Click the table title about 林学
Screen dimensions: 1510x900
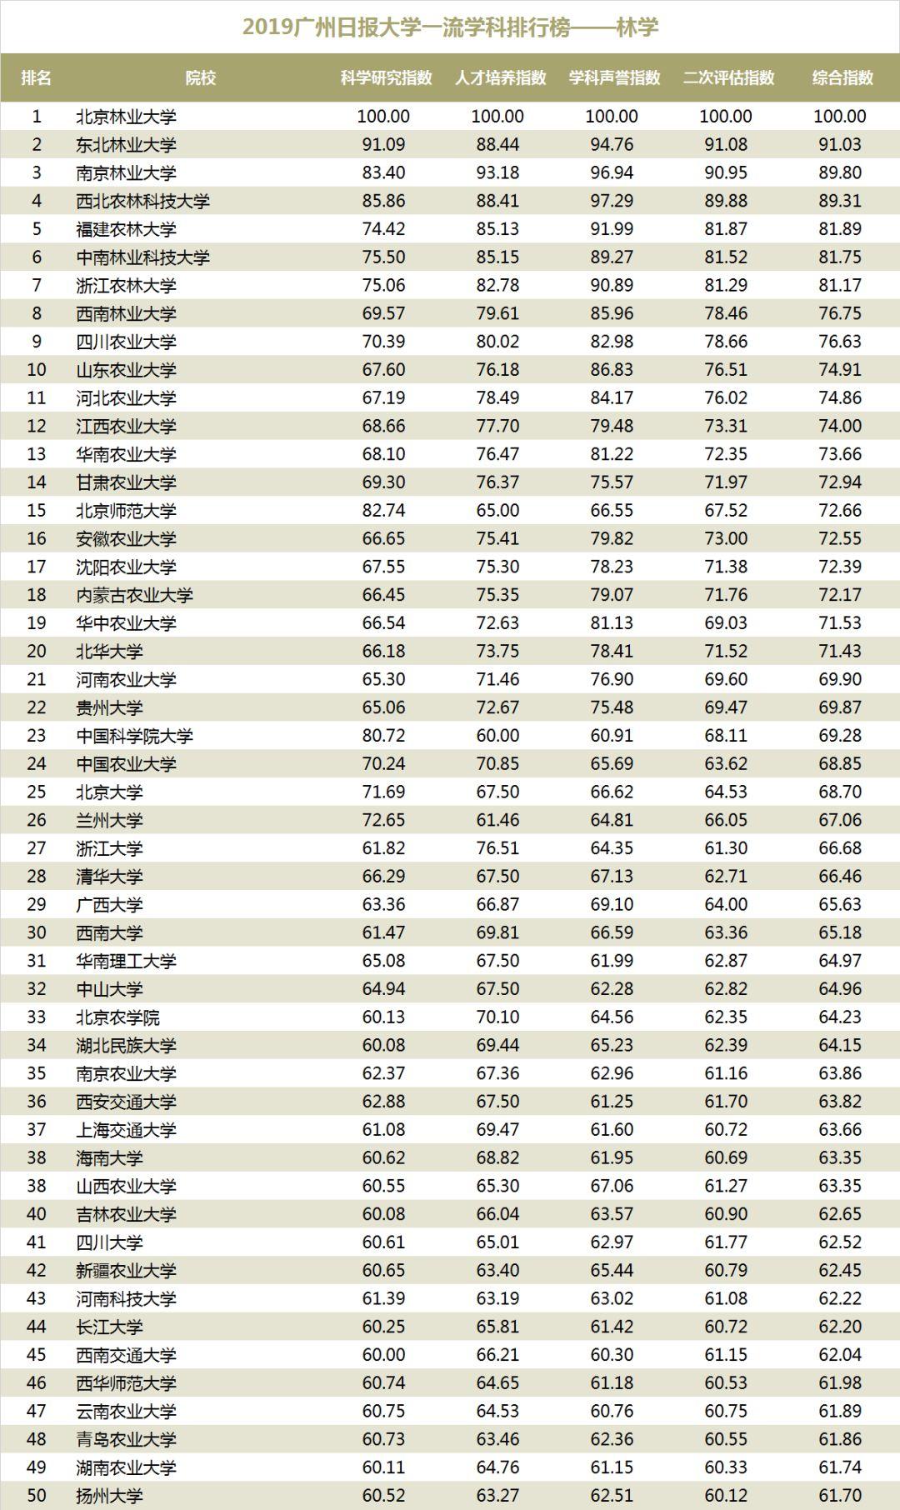coord(450,27)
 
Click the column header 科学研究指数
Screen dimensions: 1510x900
coord(386,77)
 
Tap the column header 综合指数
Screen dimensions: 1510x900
coord(842,77)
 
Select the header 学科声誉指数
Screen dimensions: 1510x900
coord(614,77)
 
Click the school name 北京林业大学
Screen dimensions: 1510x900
coord(126,117)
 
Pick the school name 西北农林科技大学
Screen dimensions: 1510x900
coord(142,201)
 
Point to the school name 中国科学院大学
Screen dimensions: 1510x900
coord(134,736)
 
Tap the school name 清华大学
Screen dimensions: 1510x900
coord(109,877)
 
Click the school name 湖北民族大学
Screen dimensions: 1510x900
coord(126,1045)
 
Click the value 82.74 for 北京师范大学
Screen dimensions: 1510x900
coord(383,511)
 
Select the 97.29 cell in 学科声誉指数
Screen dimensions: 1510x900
coord(612,201)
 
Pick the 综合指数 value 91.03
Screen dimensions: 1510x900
coord(839,145)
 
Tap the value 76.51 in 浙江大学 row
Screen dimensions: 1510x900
coord(497,848)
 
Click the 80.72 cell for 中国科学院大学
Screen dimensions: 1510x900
coord(383,736)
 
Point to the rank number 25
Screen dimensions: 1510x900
coord(36,792)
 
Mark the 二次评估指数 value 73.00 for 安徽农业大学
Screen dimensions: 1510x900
coord(726,538)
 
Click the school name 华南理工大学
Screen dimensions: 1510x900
coord(126,961)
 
